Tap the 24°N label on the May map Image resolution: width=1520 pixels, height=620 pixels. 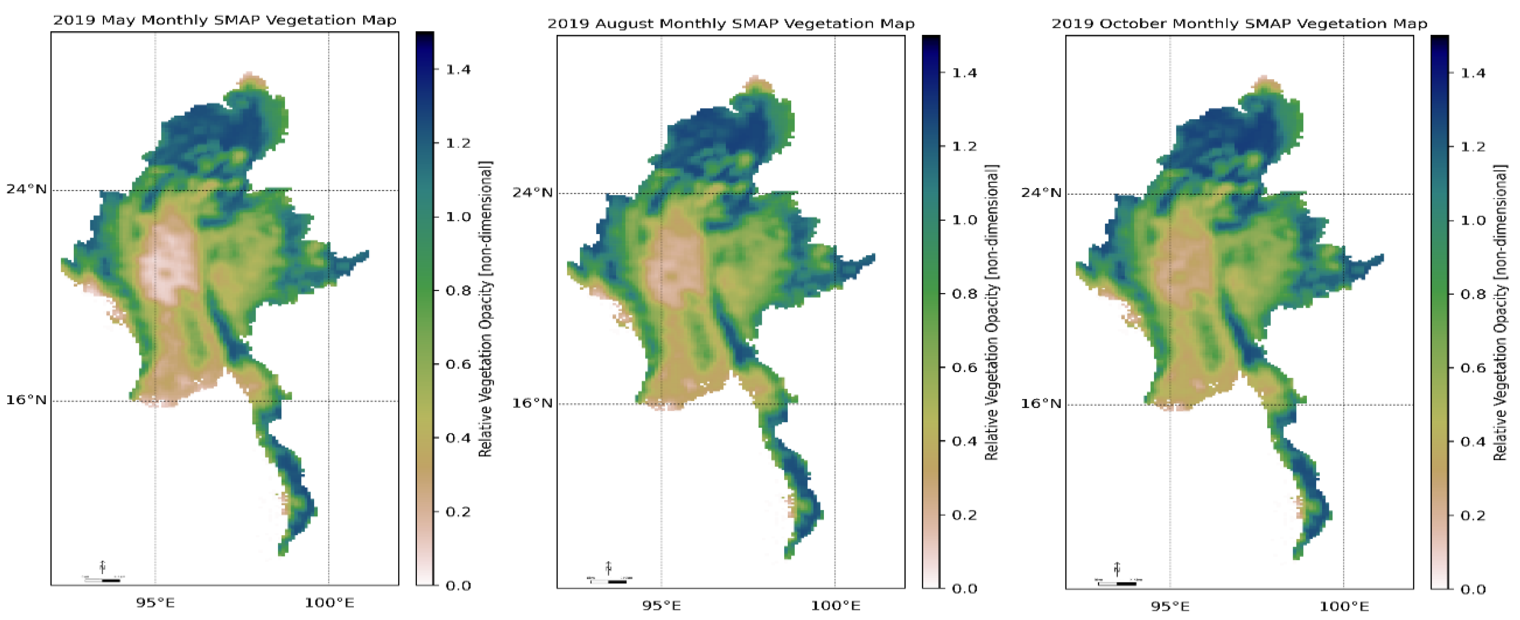pyautogui.click(x=26, y=189)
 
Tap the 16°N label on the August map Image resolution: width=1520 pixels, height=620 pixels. pyautogui.click(x=532, y=403)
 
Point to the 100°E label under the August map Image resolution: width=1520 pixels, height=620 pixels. pyautogui.click(x=835, y=606)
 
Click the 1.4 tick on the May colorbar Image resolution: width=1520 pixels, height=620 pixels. pyautogui.click(x=458, y=70)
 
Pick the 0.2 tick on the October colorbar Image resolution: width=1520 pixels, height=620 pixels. pyautogui.click(x=1473, y=515)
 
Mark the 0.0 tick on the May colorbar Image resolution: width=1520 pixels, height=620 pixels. pyautogui.click(x=458, y=585)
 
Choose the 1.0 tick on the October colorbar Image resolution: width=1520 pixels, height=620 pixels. pyautogui.click(x=1473, y=221)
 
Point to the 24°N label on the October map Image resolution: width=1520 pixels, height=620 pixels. pyautogui.click(x=1041, y=193)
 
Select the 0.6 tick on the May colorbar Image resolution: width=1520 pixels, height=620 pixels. pyautogui.click(x=458, y=364)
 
